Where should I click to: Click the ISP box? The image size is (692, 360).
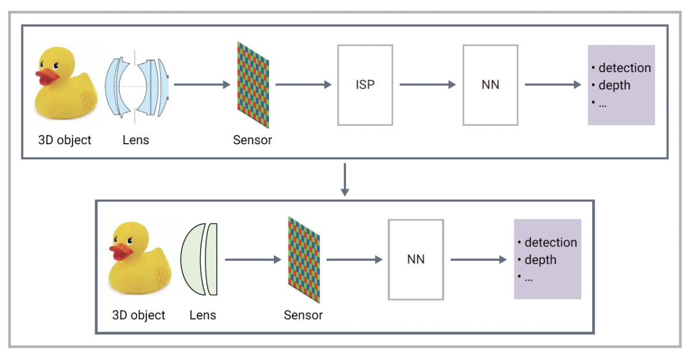(x=365, y=85)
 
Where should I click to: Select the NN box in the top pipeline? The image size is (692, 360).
(x=490, y=85)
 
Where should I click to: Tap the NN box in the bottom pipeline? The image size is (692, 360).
(x=416, y=260)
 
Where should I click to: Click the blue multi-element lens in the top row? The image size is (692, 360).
(x=137, y=85)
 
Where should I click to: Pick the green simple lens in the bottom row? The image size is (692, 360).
(x=200, y=260)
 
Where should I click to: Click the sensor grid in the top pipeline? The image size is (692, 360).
(x=253, y=85)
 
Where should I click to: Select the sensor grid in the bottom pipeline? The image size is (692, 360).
(x=303, y=260)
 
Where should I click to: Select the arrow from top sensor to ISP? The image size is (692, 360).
(x=303, y=85)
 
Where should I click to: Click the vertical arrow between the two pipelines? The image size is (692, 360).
(x=344, y=179)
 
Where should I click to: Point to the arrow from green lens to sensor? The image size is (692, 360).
(x=253, y=260)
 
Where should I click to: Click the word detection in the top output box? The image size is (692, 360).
(x=625, y=68)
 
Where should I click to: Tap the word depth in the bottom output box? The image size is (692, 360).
(x=540, y=260)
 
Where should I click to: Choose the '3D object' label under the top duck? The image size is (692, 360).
(x=65, y=140)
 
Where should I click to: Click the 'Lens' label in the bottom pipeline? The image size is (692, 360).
(x=202, y=316)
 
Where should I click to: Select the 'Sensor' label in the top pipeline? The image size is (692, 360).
(x=253, y=140)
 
